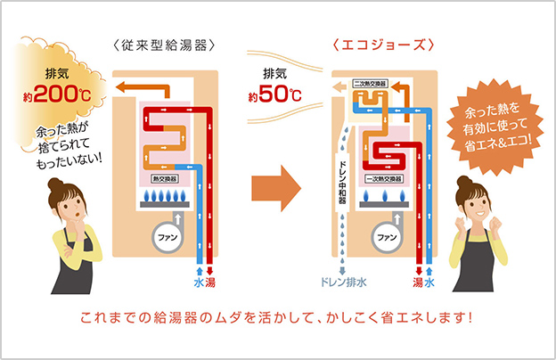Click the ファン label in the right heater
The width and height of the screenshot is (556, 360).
click(x=386, y=238)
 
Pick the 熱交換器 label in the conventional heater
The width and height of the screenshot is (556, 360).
click(x=166, y=177)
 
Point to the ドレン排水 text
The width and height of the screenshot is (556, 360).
click(x=340, y=283)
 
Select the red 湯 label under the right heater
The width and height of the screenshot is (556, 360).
click(x=417, y=282)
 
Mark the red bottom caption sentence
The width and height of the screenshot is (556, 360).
click(x=274, y=317)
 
